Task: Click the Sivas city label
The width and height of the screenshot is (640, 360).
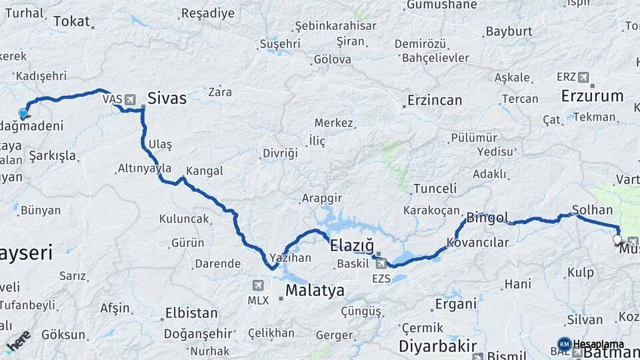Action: coord(167,98)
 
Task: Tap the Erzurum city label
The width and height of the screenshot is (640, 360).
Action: coord(592,95)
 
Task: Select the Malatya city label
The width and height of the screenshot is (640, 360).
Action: coord(315,291)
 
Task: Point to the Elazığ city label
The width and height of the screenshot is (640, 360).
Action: coord(352,245)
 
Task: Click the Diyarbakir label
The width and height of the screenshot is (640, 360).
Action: coord(437,346)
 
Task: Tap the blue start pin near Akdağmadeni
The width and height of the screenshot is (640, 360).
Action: coord(24,113)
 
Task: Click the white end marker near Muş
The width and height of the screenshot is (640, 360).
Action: coord(617,239)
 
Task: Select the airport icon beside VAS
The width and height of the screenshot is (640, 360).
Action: coord(130,99)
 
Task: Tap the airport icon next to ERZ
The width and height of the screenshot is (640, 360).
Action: coord(585,76)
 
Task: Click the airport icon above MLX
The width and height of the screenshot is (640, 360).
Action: coord(258,285)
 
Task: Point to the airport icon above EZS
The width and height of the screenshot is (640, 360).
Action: coord(381,264)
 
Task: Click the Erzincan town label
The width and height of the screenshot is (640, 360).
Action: coord(435,101)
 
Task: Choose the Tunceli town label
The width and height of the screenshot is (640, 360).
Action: coord(435,189)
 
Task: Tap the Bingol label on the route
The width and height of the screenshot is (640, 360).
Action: coord(487,217)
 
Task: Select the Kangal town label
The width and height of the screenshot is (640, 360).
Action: coord(204,171)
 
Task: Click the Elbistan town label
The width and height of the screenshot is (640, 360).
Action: coord(191,313)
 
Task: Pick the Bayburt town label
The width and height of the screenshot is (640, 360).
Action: coord(509,31)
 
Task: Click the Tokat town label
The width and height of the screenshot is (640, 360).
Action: coord(71,21)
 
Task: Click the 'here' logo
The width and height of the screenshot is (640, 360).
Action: coord(18,340)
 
